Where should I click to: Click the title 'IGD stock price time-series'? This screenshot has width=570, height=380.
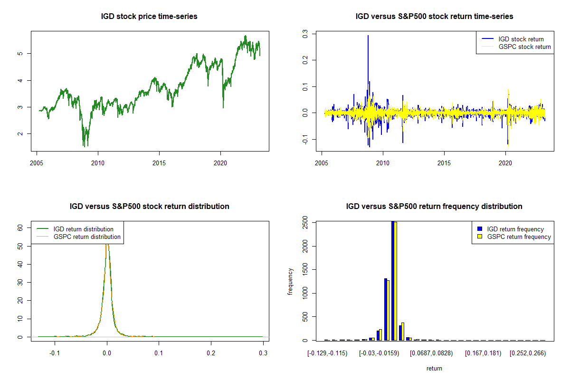coord(149,17)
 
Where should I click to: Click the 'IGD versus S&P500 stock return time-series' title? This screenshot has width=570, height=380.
coord(434,17)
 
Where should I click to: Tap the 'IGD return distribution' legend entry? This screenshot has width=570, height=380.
coord(83,229)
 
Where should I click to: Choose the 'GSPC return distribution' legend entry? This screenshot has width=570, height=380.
coord(87,237)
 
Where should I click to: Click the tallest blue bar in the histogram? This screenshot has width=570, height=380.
coord(393,280)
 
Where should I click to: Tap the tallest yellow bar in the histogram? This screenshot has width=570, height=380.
coord(396,280)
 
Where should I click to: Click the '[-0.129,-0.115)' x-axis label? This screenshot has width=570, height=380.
coord(327,353)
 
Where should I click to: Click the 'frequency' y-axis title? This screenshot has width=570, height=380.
coord(290,281)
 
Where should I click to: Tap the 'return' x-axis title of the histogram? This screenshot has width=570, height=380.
coord(434,368)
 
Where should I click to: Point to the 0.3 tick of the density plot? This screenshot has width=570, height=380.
coord(263,353)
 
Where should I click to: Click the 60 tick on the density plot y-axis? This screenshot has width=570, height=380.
coord(20,228)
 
